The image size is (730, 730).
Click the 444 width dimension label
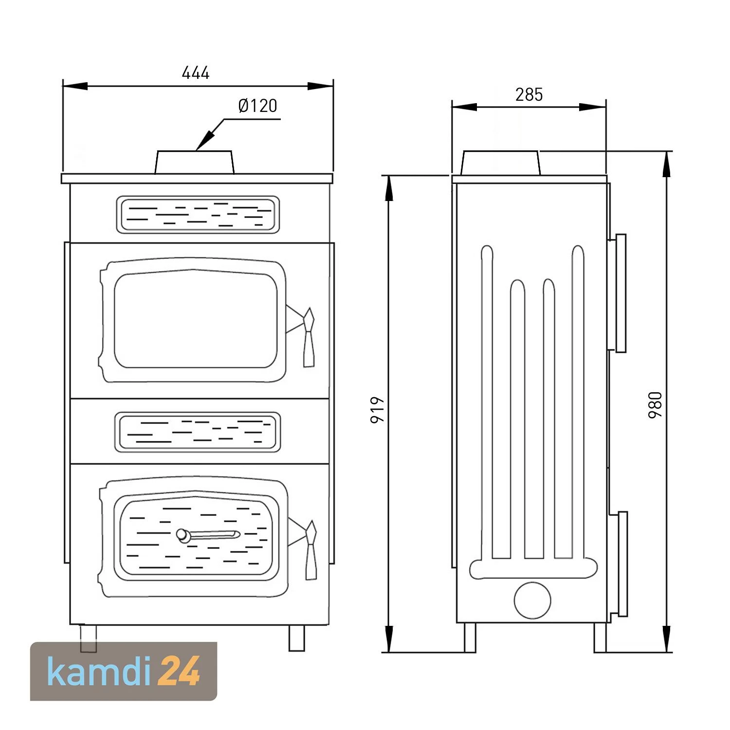(196, 73)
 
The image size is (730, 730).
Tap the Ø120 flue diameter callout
(257, 106)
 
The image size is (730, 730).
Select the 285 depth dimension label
(529, 94)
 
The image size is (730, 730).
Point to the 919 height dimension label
(377, 410)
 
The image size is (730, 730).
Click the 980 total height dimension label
(655, 405)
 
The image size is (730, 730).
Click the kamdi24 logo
(124, 671)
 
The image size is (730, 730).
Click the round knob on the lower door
(182, 535)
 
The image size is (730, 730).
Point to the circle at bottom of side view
(532, 601)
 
